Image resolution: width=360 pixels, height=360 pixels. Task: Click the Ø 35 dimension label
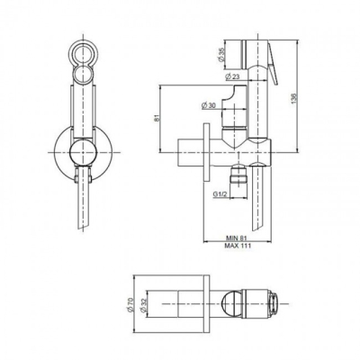(221, 55)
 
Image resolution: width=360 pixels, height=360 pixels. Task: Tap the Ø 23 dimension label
(232, 76)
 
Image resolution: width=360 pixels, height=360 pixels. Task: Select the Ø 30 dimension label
(209, 105)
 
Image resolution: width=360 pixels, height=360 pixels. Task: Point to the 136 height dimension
(294, 99)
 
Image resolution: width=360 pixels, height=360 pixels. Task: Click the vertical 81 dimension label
(157, 118)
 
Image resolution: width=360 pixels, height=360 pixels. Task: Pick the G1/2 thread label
(220, 194)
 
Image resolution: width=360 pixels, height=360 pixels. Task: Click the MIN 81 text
(236, 238)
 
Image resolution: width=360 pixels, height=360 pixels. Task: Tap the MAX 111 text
(238, 246)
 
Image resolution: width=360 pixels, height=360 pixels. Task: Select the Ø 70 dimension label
(130, 304)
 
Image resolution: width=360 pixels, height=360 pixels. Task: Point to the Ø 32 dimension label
(143, 304)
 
